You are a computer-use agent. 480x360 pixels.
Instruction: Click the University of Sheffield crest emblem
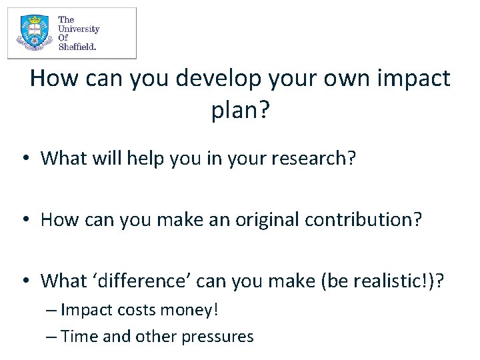pos(32,33)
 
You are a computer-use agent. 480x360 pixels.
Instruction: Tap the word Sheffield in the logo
pos(77,47)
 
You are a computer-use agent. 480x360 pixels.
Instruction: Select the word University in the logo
pos(79,29)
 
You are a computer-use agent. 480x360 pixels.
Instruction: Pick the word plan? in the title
pos(240,110)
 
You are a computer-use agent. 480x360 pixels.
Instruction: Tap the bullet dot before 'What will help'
pos(25,159)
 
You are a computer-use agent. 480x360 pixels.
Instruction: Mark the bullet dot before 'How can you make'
pos(25,220)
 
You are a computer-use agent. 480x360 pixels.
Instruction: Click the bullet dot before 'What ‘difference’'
pos(25,281)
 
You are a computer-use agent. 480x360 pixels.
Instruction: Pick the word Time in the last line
pos(79,336)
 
